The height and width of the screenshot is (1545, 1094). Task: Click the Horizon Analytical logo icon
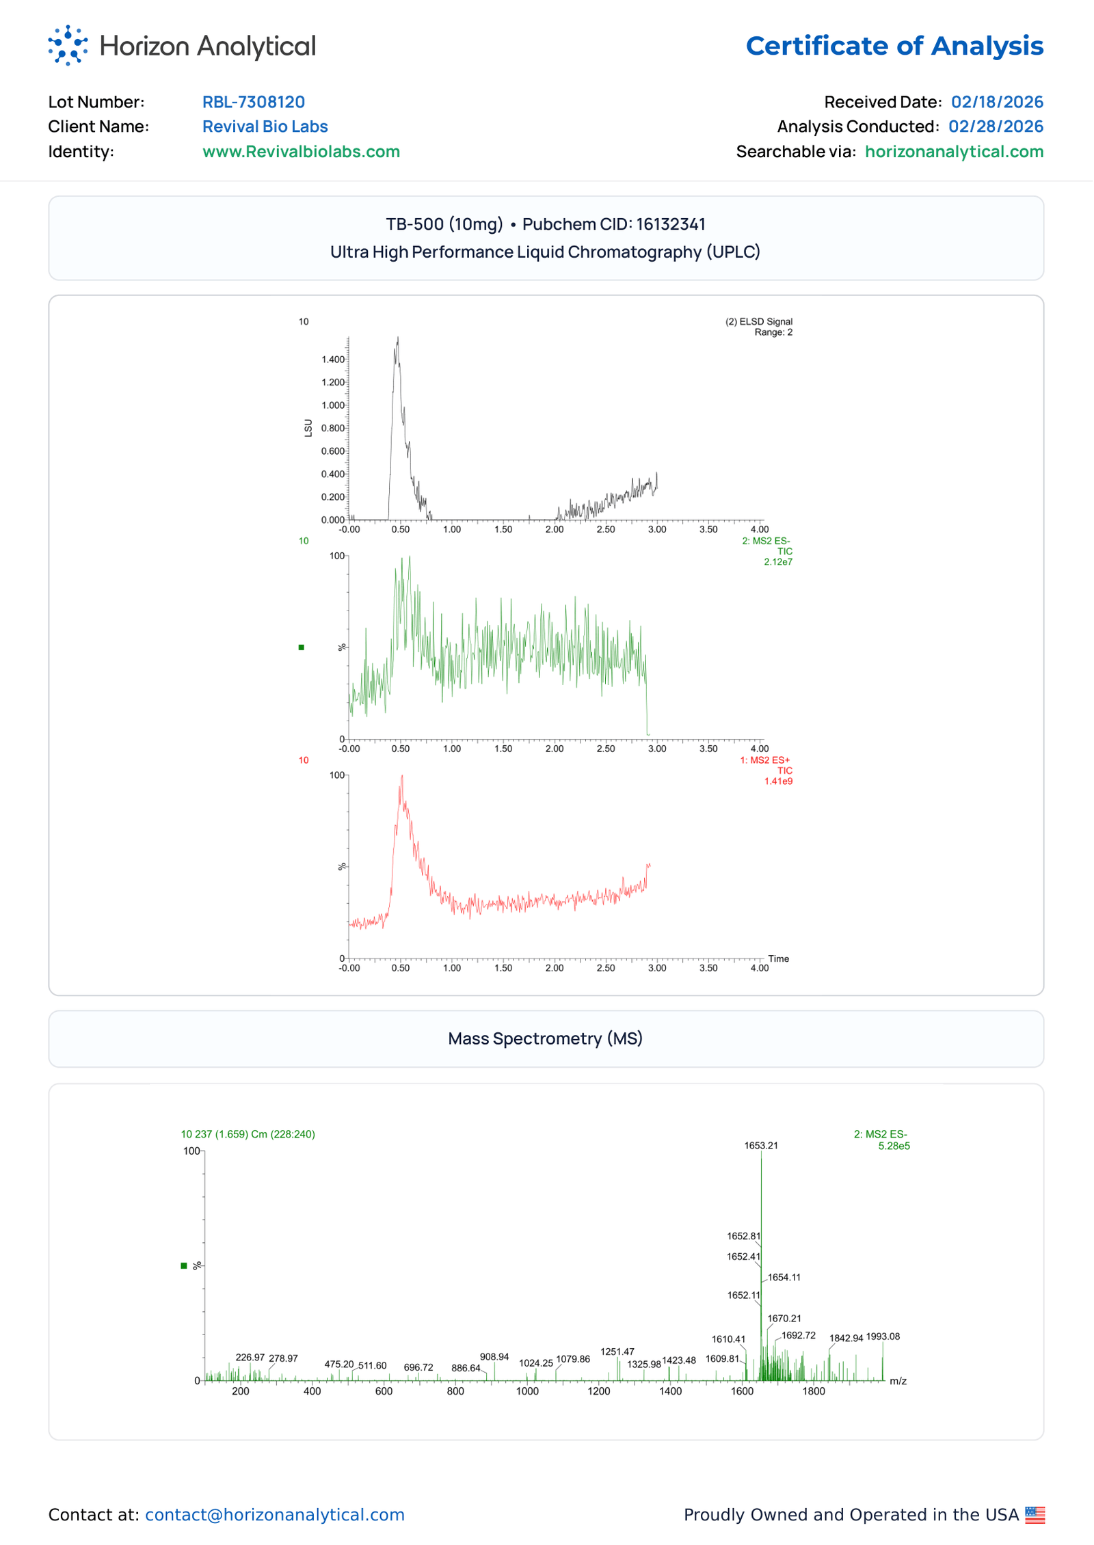(68, 46)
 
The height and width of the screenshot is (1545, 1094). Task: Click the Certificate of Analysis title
(894, 46)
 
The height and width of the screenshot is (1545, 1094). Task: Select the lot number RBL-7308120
(254, 102)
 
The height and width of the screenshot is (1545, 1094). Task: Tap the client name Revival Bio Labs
(265, 126)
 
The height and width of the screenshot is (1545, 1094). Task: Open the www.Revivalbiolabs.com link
(301, 152)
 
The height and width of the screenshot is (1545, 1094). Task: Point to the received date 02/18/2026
(997, 102)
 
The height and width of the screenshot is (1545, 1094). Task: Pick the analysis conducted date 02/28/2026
(996, 126)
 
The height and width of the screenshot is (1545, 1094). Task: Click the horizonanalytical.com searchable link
(954, 152)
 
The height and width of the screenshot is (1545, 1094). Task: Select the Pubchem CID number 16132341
(671, 224)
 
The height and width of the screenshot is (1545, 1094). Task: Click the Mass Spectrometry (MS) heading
(546, 1039)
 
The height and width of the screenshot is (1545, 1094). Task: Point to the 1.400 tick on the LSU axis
(333, 360)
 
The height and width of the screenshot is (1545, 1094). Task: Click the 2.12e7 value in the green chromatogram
(778, 563)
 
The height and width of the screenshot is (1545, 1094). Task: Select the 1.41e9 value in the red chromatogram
(778, 781)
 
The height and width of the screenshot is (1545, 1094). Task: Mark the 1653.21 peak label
(761, 1146)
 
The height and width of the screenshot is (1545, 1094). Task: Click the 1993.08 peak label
(883, 1337)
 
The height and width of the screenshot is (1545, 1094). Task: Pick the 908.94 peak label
(494, 1357)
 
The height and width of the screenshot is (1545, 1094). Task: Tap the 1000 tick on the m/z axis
(527, 1391)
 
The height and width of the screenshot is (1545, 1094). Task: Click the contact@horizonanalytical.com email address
(275, 1515)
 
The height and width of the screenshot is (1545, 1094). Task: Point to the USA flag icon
(1035, 1515)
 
